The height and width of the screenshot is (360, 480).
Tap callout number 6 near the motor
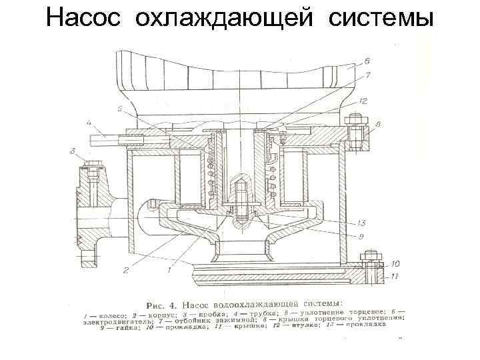tap(367, 61)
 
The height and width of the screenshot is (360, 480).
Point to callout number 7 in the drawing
tap(367, 77)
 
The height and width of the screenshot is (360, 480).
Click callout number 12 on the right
tap(363, 101)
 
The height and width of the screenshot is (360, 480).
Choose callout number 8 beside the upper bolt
tap(378, 124)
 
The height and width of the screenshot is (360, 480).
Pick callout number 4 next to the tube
tap(89, 123)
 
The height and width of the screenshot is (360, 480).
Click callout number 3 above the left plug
tap(73, 152)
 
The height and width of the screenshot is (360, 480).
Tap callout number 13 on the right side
tap(361, 222)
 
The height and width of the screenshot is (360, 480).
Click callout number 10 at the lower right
tap(395, 264)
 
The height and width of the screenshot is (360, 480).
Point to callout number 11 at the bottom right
tap(395, 275)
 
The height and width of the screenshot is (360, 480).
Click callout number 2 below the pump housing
tap(124, 270)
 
